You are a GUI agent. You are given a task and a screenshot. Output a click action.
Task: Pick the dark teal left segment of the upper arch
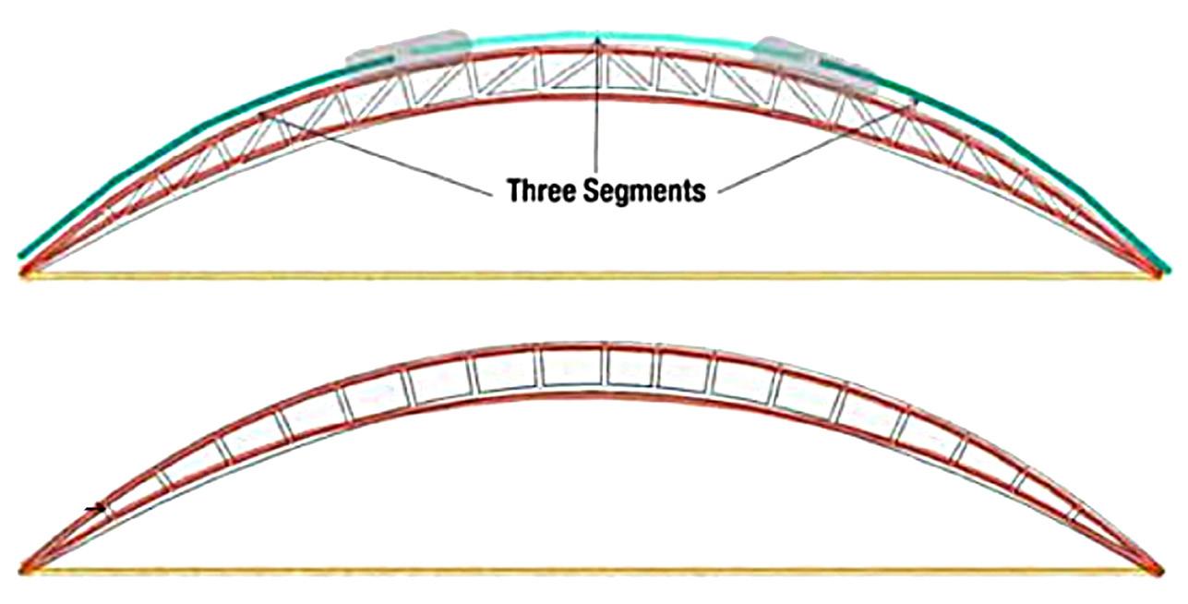tap(185, 139)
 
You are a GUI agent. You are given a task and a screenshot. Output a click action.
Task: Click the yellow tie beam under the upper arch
tap(591, 274)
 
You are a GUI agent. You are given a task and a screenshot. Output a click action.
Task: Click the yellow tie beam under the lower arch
tap(591, 570)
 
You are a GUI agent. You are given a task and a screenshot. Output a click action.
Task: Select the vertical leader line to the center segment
tap(598, 111)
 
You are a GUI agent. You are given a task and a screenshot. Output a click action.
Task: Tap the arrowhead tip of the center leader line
tap(598, 38)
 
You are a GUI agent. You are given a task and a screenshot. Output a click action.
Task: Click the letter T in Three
tap(513, 190)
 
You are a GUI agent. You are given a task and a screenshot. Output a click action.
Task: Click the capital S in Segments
tap(600, 190)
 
